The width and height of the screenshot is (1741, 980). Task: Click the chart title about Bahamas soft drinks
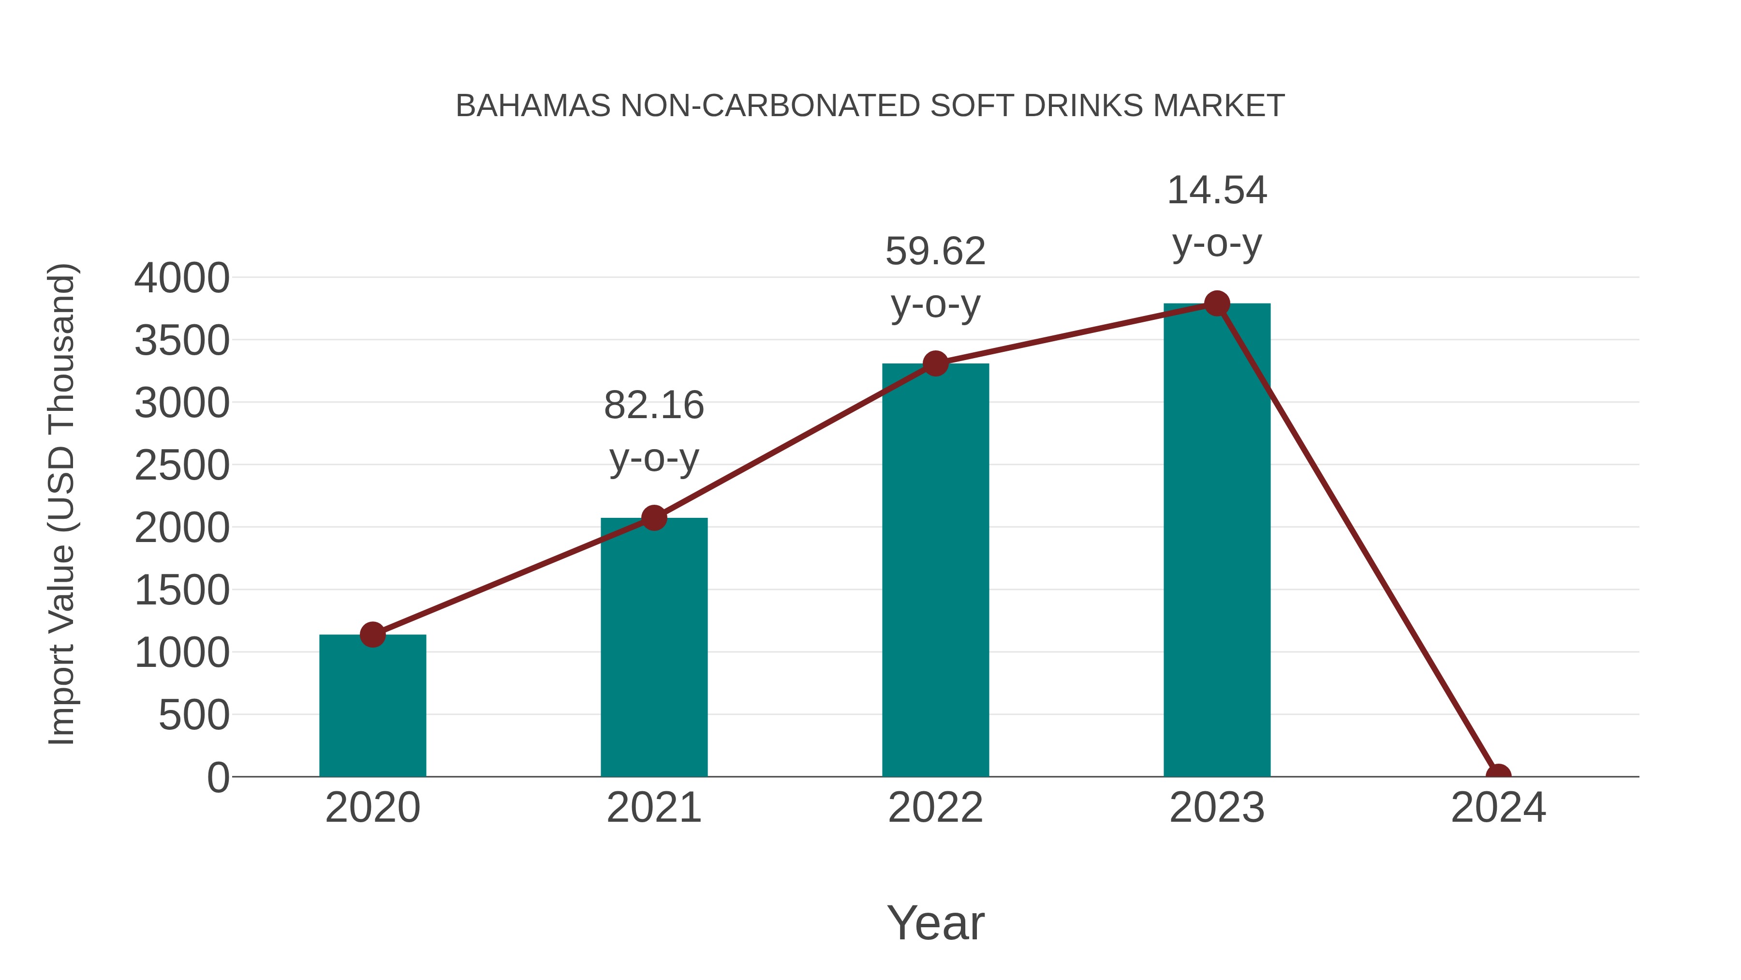pyautogui.click(x=870, y=106)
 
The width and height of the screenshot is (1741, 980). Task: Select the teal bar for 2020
pyautogui.click(x=372, y=707)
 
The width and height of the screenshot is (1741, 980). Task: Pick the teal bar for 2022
pyautogui.click(x=935, y=571)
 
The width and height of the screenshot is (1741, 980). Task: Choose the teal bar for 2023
pyautogui.click(x=1217, y=541)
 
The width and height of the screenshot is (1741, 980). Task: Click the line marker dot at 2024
pyautogui.click(x=1498, y=775)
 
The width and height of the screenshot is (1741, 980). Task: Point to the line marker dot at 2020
pyautogui.click(x=372, y=634)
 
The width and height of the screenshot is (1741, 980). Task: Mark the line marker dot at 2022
pyautogui.click(x=935, y=364)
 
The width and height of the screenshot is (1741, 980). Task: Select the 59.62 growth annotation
pyautogui.click(x=935, y=277)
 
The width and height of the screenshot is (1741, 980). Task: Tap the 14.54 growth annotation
pyautogui.click(x=1217, y=216)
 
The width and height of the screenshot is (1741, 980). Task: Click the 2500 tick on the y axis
pyautogui.click(x=182, y=466)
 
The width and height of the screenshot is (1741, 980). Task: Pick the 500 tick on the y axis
pyautogui.click(x=194, y=716)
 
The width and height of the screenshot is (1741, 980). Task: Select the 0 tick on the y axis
pyautogui.click(x=218, y=778)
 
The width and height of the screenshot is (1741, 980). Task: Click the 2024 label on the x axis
pyautogui.click(x=1498, y=808)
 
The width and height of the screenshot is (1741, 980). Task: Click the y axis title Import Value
pyautogui.click(x=62, y=504)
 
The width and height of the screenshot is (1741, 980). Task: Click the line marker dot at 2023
pyautogui.click(x=1217, y=303)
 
